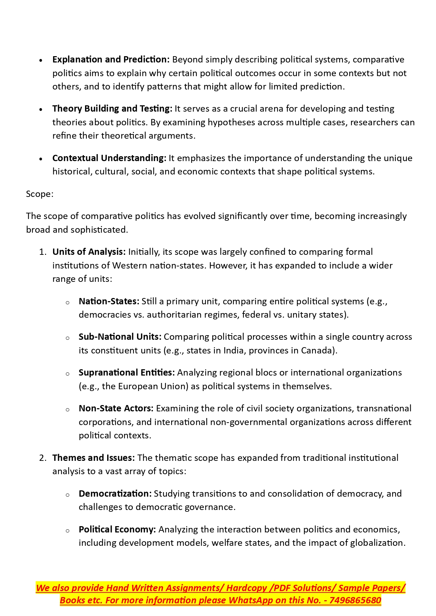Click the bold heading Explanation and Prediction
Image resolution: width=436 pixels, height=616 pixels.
coord(111,60)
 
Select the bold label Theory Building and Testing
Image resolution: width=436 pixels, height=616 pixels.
coord(112,109)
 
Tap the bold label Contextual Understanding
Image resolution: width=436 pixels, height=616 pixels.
coord(109,158)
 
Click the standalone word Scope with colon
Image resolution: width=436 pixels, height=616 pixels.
coord(40,194)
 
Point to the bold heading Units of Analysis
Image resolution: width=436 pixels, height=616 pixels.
coord(89,252)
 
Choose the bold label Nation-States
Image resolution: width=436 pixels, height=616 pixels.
coord(109,302)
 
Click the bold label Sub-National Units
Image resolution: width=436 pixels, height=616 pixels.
coord(120,337)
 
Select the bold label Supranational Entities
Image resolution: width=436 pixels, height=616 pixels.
coord(126,373)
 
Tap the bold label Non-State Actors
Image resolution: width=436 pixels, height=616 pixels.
coord(116,409)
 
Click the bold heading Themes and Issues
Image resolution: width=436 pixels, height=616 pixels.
coord(93,458)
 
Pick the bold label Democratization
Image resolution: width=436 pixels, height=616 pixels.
coord(115,494)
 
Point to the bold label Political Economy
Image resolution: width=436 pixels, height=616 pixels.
coord(117,530)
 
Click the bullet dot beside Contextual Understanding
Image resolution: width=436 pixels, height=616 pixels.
coord(41,159)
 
